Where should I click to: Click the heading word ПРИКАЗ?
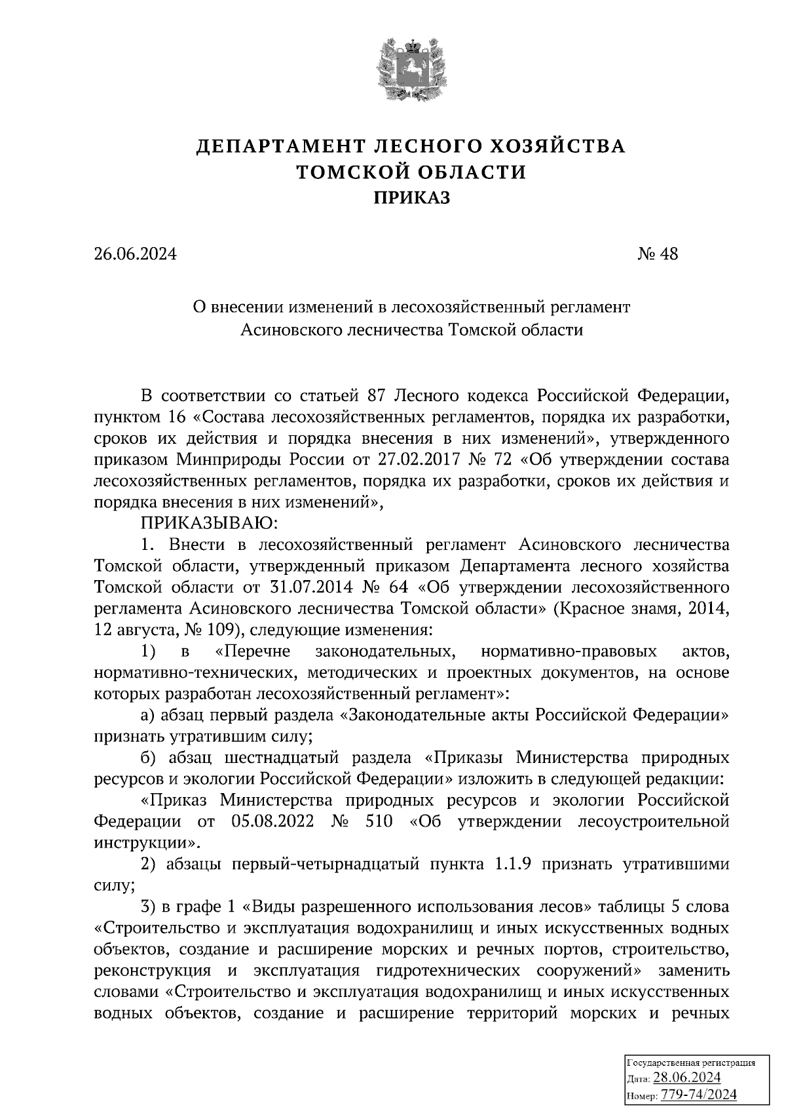[x=411, y=197]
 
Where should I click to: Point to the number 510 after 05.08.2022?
[x=375, y=821]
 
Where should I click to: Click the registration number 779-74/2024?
[x=699, y=1095]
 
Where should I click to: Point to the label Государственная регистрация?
[x=692, y=1063]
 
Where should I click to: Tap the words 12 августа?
[x=132, y=630]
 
